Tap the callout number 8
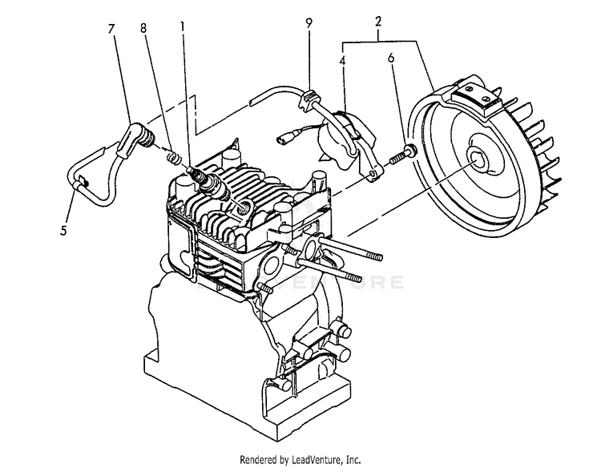(x=143, y=28)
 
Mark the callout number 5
(x=64, y=232)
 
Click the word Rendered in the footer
(x=258, y=460)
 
